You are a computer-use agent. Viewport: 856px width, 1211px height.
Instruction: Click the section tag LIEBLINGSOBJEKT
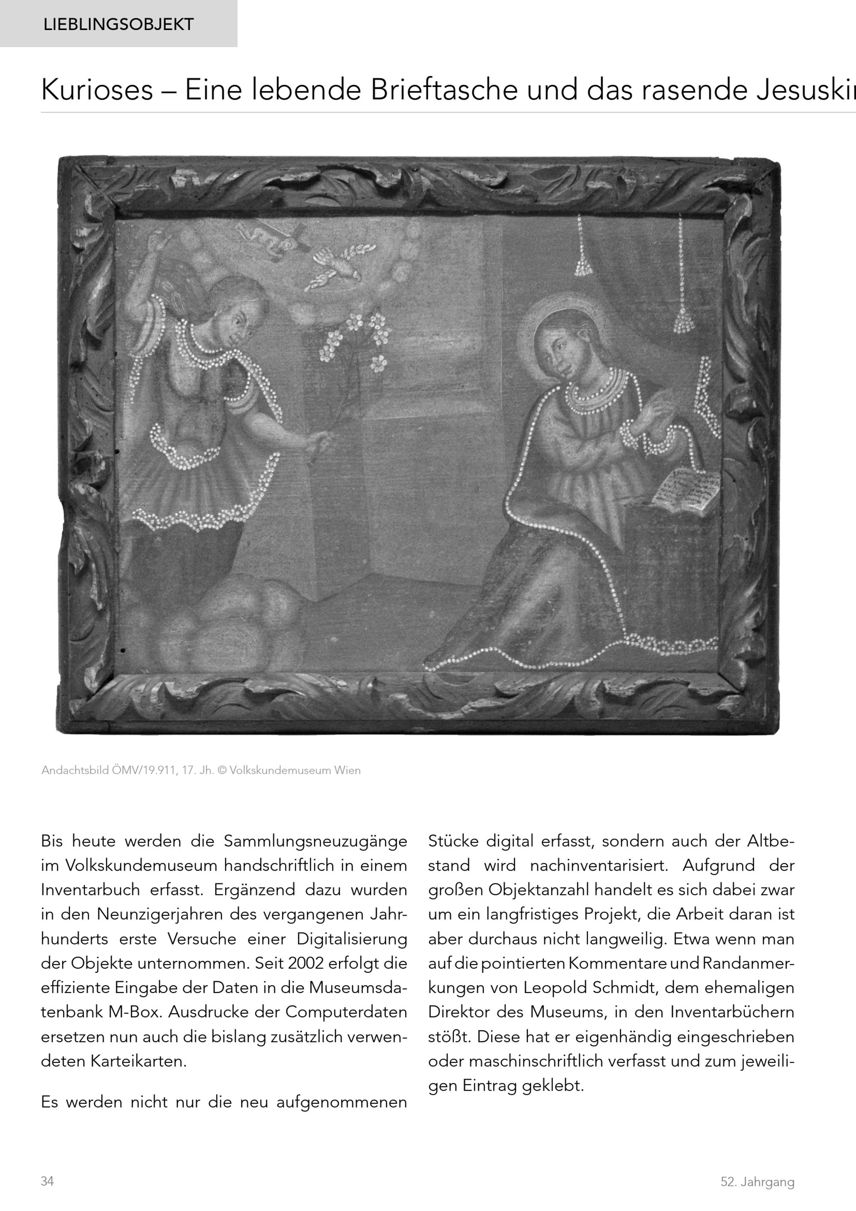[119, 24]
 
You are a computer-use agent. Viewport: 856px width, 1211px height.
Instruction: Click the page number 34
[48, 1181]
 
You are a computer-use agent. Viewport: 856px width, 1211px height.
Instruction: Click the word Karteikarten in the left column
[138, 1061]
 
